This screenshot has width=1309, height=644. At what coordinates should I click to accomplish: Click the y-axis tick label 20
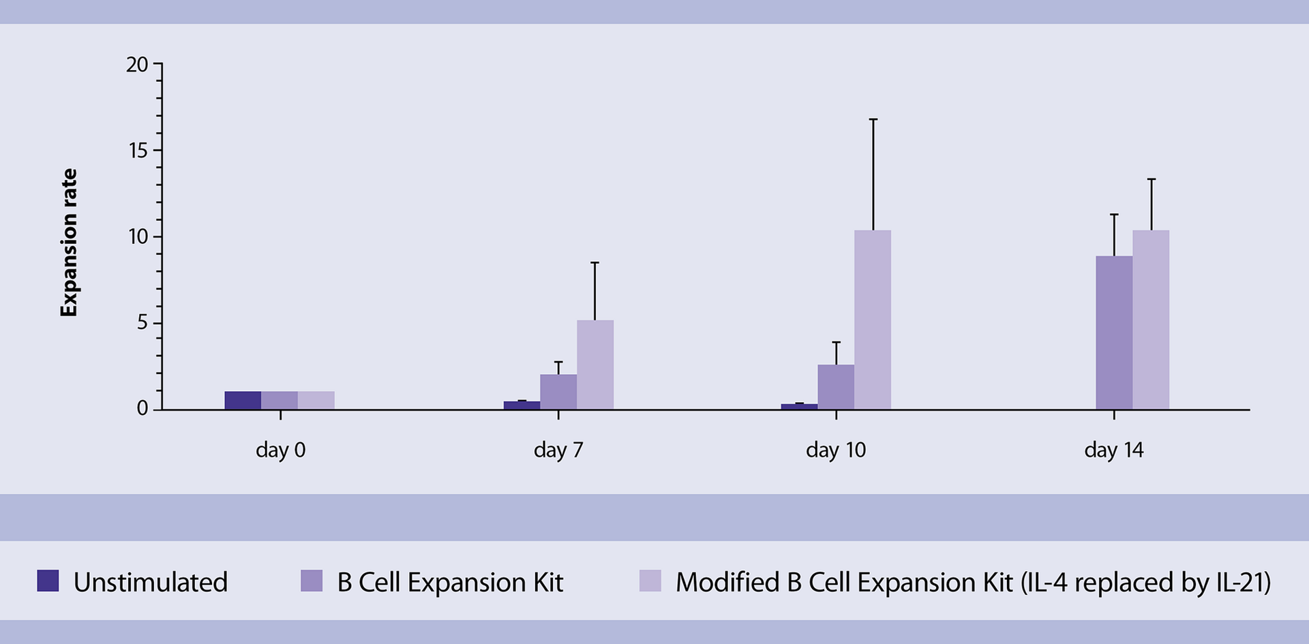coord(137,65)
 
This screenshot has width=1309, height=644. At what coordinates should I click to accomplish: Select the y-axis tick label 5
coord(142,323)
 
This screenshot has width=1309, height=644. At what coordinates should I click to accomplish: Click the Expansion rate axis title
coord(69,243)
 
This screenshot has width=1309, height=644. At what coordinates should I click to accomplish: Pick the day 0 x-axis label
coord(280,450)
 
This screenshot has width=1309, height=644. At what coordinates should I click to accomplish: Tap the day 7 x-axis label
coord(558,450)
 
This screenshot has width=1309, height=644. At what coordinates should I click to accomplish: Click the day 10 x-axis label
coord(836,450)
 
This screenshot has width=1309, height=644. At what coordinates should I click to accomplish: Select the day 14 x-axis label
coord(1113,450)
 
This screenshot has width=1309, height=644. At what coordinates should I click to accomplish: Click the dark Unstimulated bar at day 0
coord(243,401)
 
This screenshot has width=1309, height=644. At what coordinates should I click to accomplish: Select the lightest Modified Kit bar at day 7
coord(595,365)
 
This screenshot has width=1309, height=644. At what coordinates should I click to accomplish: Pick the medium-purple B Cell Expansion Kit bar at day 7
coord(558,392)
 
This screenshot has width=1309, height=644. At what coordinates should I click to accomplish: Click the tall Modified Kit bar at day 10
coord(873,320)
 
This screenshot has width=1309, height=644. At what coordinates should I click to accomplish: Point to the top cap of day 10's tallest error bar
coord(873,119)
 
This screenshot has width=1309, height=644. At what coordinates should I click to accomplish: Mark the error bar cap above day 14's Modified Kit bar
coord(1151,179)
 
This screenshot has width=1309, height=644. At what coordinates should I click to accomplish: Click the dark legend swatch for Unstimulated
coord(48,581)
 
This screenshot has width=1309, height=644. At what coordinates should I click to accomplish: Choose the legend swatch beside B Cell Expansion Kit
coord(312,581)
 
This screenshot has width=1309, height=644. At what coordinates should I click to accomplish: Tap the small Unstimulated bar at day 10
coord(799,406)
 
